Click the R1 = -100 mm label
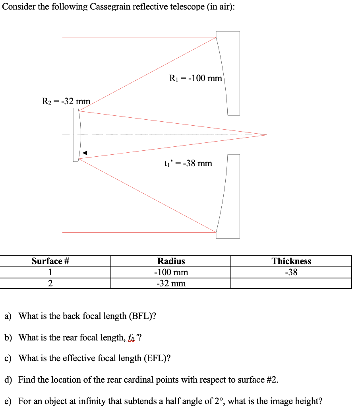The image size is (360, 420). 195,78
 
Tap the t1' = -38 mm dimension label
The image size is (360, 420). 188,163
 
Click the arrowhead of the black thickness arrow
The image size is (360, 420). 85,153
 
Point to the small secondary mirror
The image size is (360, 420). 76,135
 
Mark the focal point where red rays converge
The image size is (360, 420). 266,135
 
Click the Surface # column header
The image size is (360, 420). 50,261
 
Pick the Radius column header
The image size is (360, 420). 171,261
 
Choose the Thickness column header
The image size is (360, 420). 291,261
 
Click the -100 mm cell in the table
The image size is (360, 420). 171,272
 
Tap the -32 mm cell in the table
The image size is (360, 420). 171,284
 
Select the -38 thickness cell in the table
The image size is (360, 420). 291,272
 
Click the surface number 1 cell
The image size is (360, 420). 50,272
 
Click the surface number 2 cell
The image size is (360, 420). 50,284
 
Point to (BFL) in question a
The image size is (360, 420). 141,317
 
